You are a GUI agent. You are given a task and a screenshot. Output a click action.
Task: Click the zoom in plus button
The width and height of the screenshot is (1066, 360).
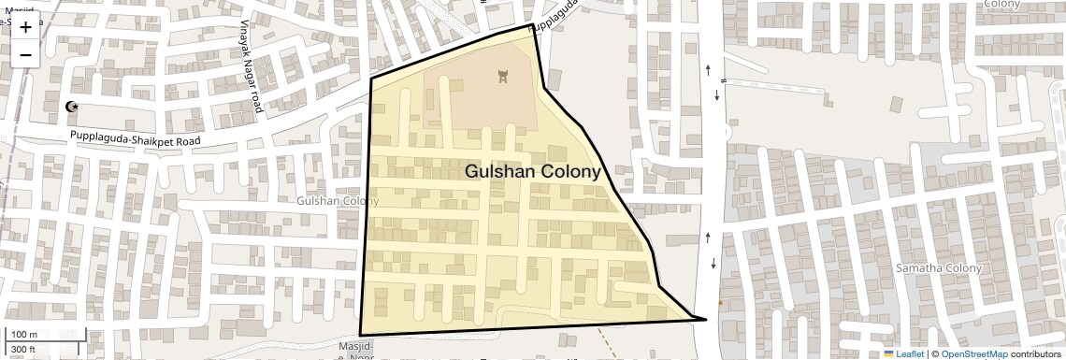point(25,26)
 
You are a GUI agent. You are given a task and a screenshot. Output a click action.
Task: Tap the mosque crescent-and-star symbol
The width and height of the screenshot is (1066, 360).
point(72,107)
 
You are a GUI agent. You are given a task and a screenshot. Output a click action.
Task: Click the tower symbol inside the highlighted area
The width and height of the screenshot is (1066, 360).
point(503,76)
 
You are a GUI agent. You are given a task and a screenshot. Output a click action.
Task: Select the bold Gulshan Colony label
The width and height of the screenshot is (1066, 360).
point(532,172)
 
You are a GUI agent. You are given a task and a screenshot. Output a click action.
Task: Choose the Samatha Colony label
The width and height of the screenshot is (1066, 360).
point(940,268)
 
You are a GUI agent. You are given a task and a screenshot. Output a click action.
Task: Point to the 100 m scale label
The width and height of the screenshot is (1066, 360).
point(25,335)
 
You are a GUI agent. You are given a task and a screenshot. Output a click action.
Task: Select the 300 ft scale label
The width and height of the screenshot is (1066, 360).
point(24,350)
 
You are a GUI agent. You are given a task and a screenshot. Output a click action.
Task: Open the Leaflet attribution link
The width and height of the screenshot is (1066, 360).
point(910,354)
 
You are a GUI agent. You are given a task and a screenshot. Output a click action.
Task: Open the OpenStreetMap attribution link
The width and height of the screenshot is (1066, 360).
point(973,354)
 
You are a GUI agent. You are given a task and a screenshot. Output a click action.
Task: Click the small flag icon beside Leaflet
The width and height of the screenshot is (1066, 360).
point(888,354)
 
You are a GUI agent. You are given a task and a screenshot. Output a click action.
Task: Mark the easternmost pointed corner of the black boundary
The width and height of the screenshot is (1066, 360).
point(706,320)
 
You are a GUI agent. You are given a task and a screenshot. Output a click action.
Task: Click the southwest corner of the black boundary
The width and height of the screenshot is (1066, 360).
point(360,335)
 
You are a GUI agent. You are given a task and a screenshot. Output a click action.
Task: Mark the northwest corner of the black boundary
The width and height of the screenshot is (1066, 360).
point(371,78)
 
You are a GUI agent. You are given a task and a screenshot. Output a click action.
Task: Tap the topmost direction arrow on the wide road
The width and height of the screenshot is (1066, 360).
point(708,68)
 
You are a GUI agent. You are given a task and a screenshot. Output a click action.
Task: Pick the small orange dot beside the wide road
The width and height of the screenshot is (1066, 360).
point(719,303)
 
